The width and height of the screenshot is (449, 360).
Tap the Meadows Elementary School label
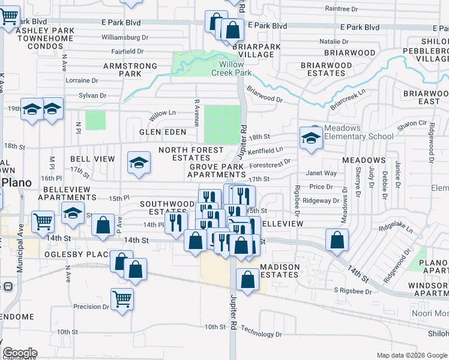pyautogui.click(x=359, y=132)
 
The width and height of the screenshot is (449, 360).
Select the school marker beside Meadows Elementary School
pyautogui.click(x=311, y=138)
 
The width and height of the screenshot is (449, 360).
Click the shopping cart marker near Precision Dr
pyautogui.click(x=122, y=298)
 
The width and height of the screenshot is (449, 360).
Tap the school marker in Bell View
pyautogui.click(x=139, y=162)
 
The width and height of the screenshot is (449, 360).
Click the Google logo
pyautogui.click(x=20, y=353)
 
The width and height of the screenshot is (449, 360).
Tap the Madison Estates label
pyautogui.click(x=279, y=271)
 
